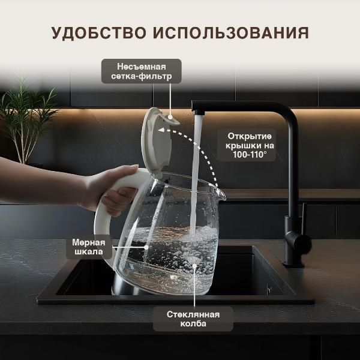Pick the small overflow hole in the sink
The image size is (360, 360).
tap(268, 289)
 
